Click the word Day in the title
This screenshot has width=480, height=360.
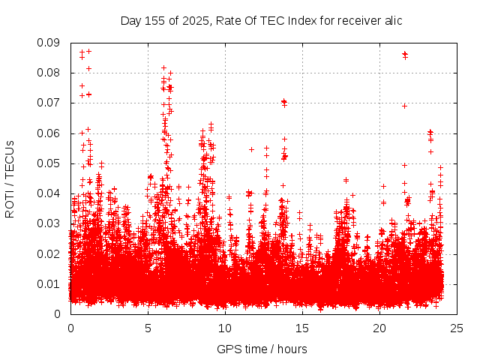[x=131, y=21]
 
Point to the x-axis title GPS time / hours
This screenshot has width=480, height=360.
[x=261, y=349]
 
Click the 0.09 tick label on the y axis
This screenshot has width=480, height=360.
[x=52, y=43]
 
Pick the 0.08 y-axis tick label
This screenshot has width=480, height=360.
[x=52, y=73]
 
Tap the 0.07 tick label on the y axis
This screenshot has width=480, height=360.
[x=52, y=103]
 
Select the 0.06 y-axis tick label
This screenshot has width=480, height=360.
[x=52, y=133]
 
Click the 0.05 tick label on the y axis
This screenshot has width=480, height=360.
[x=52, y=163]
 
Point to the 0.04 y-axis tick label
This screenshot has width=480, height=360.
[x=52, y=193]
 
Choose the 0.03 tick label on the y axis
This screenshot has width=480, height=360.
[x=52, y=223]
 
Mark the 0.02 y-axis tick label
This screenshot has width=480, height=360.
[x=52, y=253]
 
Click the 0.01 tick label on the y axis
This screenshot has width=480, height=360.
[x=52, y=283]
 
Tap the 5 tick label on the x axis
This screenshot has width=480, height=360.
[x=148, y=328]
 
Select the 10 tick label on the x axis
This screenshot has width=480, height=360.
[x=225, y=328]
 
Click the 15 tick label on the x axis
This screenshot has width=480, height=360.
[x=302, y=328]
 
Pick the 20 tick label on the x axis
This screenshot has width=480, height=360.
[x=379, y=328]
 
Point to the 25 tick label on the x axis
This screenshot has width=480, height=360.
[x=457, y=328]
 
